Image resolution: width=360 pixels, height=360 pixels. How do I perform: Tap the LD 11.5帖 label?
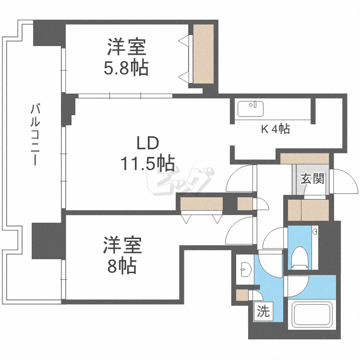point(147,153)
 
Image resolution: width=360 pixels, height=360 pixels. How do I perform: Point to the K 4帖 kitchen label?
point(275,129)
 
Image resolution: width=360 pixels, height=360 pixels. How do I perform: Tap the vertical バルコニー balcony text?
point(35,134)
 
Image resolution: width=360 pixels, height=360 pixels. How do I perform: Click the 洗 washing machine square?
point(263,312)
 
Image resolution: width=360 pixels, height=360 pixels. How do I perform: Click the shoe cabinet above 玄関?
point(305,158)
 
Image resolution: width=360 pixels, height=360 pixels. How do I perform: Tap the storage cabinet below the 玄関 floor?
point(308,210)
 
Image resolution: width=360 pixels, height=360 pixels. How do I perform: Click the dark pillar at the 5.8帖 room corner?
point(48,33)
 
